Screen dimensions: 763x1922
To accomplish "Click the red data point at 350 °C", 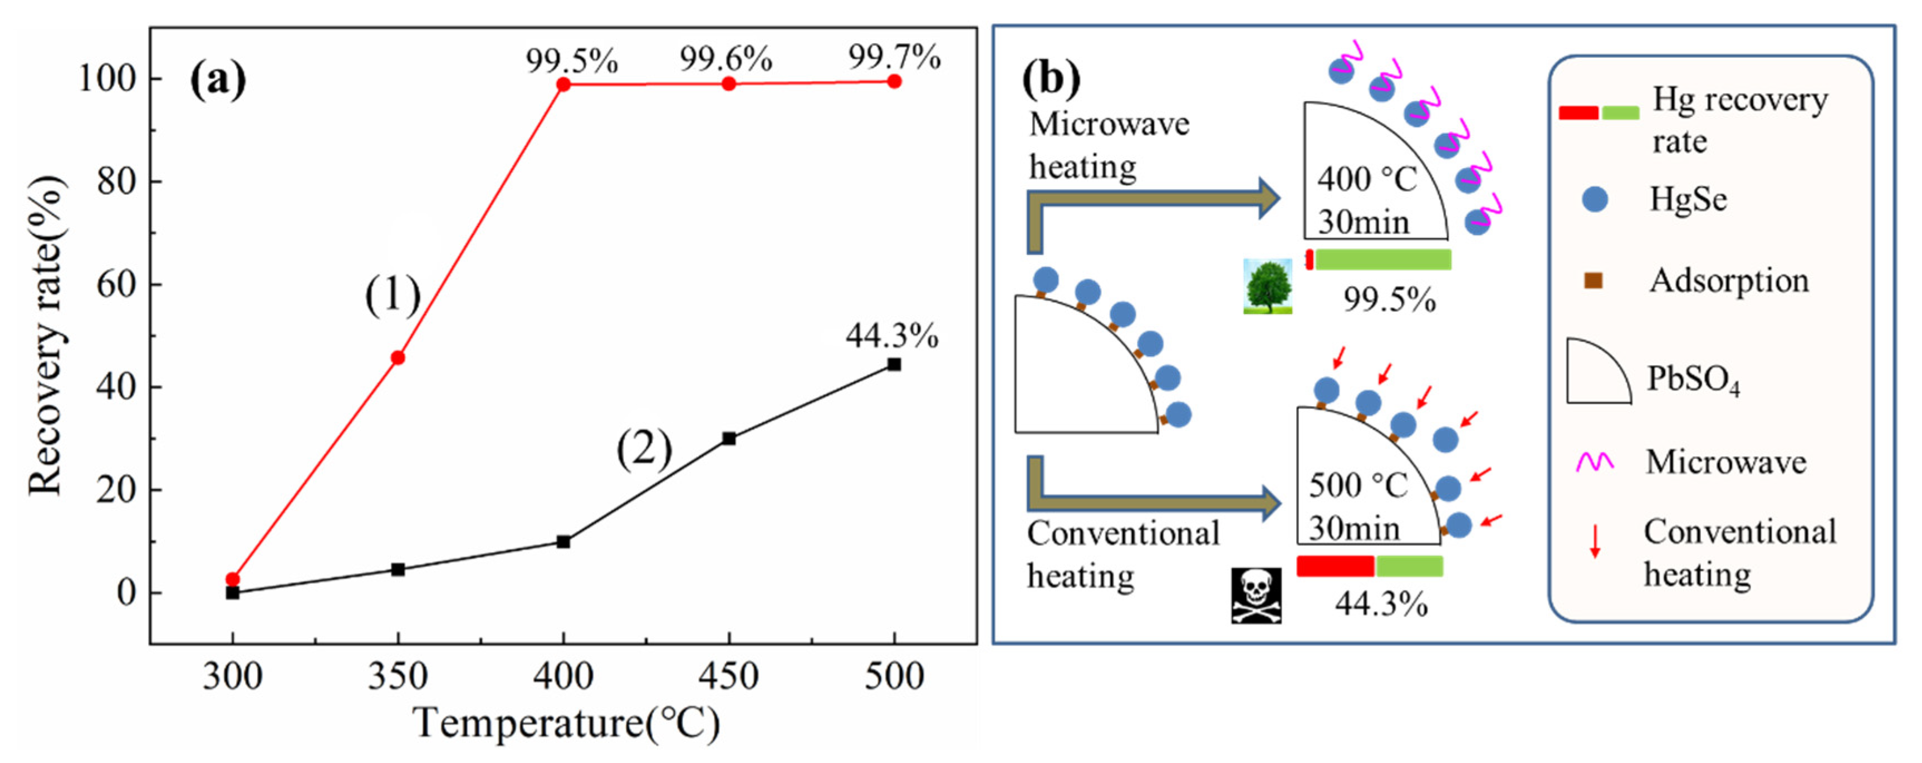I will coord(398,358).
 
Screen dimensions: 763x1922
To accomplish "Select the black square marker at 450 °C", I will coord(729,439).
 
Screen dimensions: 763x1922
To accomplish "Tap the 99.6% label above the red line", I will coord(725,58).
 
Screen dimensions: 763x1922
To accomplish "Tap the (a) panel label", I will coord(218,81).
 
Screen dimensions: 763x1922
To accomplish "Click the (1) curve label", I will coord(393,296).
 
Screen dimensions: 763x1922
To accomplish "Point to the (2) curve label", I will coord(644,450).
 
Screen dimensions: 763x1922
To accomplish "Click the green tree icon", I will coord(1268,287).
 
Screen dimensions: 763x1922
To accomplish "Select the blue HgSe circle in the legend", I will coord(1595,200).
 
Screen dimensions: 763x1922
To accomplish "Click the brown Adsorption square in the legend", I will coord(1593,281).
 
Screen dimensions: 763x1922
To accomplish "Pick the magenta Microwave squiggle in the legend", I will coord(1595,462).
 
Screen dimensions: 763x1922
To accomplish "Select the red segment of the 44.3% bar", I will coord(1336,566).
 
